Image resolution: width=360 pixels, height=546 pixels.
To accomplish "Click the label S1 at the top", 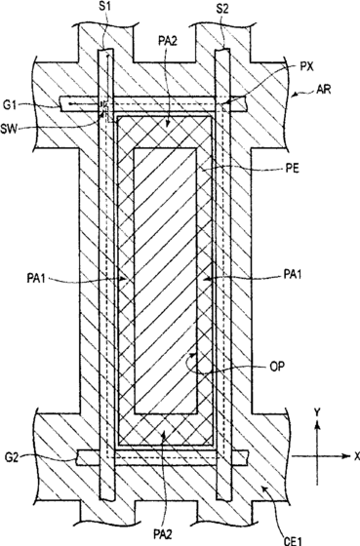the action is (x=105, y=8).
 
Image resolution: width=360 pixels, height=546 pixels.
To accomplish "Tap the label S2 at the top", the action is (x=222, y=9).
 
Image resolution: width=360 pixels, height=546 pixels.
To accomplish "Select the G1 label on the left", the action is (x=10, y=105).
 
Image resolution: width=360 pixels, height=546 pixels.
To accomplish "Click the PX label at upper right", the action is (x=306, y=66).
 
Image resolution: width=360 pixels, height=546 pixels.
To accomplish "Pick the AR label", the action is (x=324, y=89).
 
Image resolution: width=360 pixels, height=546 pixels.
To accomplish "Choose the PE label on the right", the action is (x=292, y=170).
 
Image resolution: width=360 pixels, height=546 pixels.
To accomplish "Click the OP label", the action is (x=277, y=366).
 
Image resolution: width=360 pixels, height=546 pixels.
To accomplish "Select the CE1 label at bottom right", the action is (x=292, y=541).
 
